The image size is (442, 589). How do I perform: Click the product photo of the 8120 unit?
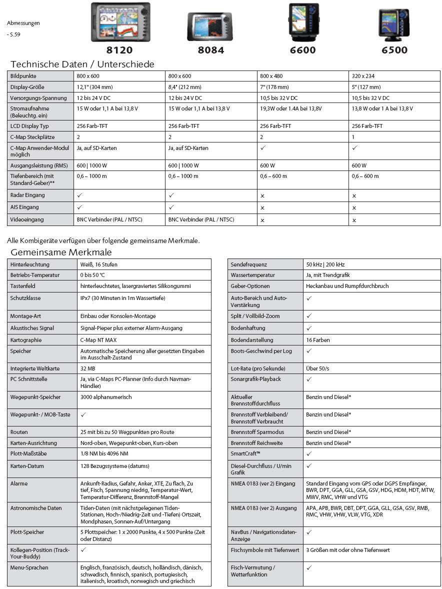click(120, 22)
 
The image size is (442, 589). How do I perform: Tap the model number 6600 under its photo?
click(303, 50)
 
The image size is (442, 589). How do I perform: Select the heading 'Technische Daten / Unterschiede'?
click(82, 64)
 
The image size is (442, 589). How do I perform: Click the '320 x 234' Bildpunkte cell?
click(363, 76)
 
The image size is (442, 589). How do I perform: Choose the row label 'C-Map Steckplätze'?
click(32, 137)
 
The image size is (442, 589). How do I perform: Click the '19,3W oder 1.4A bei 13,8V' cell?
click(291, 108)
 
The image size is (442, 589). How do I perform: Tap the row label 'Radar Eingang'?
click(27, 195)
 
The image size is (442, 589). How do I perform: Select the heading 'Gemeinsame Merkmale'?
click(61, 252)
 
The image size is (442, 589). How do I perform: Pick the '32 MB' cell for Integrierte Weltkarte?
click(88, 368)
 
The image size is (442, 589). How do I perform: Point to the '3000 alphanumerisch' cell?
click(106, 397)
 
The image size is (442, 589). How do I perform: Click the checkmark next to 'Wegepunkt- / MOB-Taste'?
click(83, 414)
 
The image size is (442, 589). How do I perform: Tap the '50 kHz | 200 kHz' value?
click(325, 264)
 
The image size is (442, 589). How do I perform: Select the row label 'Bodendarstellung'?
click(252, 340)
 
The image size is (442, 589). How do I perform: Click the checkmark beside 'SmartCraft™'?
click(308, 453)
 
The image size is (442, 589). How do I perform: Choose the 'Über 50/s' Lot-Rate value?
click(317, 368)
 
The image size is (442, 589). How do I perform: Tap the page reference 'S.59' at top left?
click(15, 34)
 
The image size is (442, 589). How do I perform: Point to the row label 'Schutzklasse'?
click(25, 298)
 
